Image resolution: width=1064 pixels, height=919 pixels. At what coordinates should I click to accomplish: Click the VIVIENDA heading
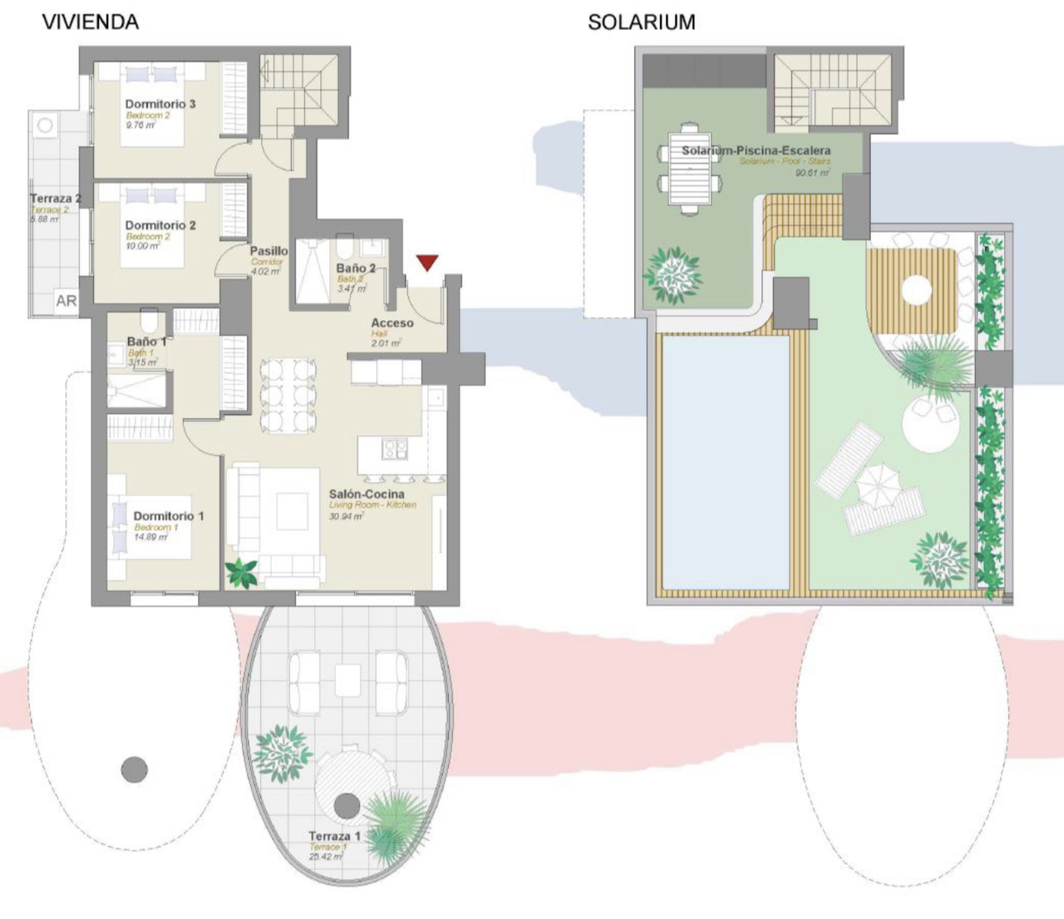click(x=90, y=22)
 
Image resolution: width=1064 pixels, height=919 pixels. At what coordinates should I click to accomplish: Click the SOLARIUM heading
click(x=641, y=22)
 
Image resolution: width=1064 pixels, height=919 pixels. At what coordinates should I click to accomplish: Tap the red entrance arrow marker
click(x=426, y=263)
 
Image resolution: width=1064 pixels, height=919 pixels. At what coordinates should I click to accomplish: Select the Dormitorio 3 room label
click(x=160, y=104)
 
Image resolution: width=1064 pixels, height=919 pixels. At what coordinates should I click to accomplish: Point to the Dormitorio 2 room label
click(x=160, y=225)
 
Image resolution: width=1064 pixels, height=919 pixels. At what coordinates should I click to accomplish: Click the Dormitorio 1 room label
click(x=168, y=516)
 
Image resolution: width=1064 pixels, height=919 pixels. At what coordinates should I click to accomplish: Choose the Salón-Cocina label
click(x=367, y=494)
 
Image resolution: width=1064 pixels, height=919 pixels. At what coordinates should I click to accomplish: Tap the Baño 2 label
click(x=356, y=268)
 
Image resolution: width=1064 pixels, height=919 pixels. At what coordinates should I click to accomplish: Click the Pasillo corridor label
click(x=268, y=251)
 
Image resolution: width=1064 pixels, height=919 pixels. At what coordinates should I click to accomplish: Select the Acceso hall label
click(x=392, y=323)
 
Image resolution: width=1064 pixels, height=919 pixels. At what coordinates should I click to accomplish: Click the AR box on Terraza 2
click(x=66, y=301)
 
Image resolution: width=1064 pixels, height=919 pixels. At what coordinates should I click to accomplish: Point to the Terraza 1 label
click(x=334, y=836)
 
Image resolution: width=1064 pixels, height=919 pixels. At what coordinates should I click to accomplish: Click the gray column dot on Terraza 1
click(x=347, y=805)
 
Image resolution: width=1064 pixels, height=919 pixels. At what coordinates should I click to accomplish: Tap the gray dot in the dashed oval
click(x=134, y=769)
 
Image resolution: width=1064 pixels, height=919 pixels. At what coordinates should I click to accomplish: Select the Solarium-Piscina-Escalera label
click(x=756, y=150)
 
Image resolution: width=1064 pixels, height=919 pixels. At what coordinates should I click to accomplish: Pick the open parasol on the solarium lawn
click(x=878, y=485)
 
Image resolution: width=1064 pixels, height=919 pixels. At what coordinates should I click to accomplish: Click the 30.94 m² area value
click(x=346, y=516)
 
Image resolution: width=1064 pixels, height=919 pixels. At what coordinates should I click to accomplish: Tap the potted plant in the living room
click(x=241, y=573)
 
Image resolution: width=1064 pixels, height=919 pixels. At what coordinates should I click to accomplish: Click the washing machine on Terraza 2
click(x=45, y=125)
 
